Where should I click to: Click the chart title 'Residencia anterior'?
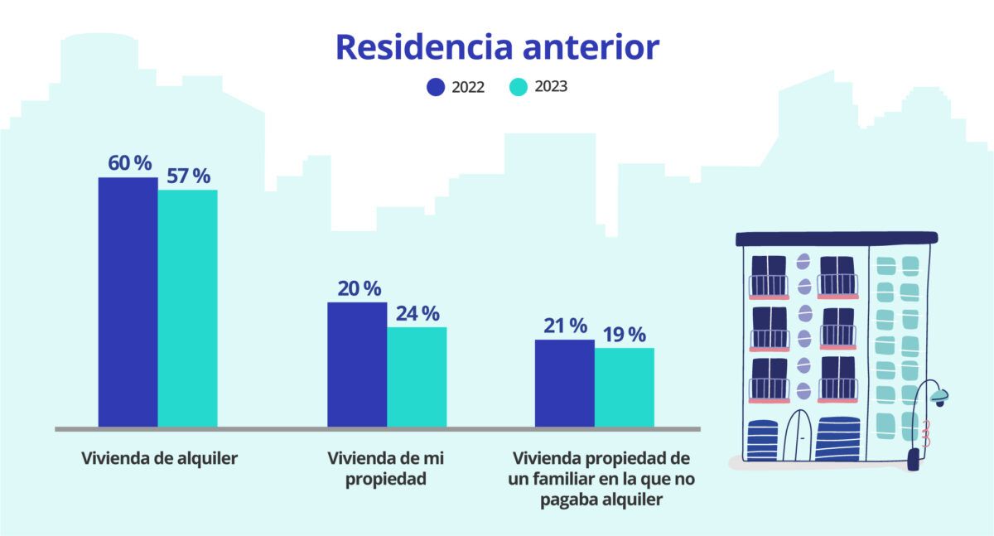click(497, 47)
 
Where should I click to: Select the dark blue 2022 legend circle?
click(436, 87)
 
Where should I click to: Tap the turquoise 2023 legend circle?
click(519, 87)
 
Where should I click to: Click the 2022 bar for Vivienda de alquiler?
click(128, 302)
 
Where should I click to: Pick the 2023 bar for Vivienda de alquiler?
click(187, 309)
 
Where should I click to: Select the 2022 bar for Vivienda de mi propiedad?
click(357, 365)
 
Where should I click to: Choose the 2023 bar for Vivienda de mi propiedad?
click(417, 378)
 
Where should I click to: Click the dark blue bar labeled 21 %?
click(564, 384)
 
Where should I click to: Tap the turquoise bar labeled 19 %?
click(624, 388)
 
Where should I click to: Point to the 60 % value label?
click(130, 163)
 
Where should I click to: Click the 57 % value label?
click(189, 176)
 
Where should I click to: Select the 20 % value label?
click(359, 288)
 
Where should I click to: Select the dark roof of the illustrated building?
click(837, 239)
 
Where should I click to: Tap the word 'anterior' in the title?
click(591, 47)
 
